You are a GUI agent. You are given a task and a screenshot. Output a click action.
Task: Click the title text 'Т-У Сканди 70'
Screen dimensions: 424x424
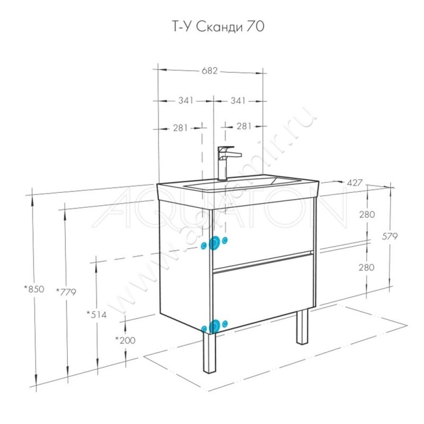click(211, 26)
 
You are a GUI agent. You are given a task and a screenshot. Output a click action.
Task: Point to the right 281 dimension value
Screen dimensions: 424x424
click(243, 127)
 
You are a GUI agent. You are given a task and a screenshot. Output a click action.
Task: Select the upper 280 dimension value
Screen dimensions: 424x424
click(367, 215)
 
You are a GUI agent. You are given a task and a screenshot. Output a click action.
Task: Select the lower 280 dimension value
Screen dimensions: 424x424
click(367, 267)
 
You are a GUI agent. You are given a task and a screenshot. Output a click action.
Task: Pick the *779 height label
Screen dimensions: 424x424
click(66, 291)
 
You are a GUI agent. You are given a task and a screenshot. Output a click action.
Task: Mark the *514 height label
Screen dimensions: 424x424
click(96, 314)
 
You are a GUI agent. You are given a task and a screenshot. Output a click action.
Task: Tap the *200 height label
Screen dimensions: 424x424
click(125, 340)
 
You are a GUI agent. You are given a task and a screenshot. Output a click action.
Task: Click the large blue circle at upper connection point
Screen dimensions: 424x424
click(215, 243)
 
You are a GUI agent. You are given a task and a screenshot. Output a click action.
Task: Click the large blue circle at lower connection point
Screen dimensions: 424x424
click(215, 326)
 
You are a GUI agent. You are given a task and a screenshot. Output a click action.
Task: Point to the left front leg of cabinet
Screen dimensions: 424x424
click(210, 352)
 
